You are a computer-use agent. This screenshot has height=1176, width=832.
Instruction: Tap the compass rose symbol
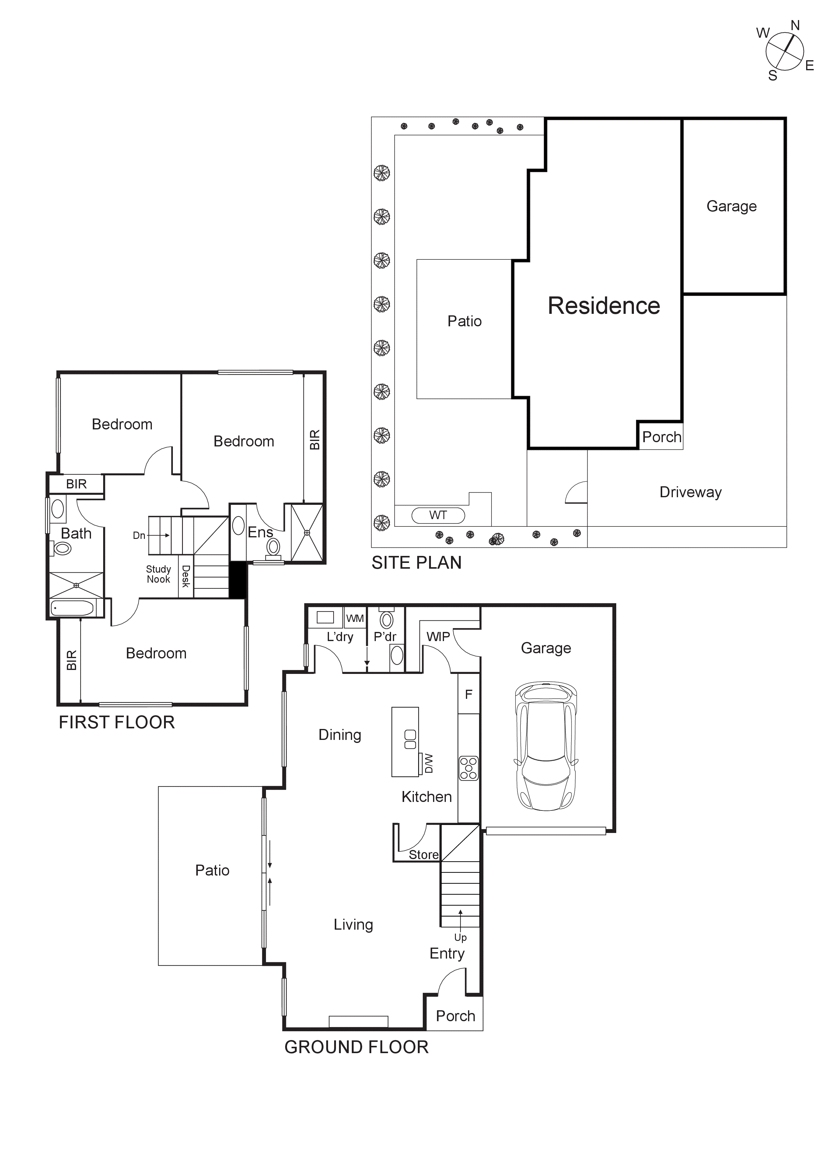[x=784, y=51]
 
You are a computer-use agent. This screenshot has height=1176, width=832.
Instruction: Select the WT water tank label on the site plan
[x=438, y=515]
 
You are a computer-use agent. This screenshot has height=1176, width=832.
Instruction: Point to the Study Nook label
[x=159, y=574]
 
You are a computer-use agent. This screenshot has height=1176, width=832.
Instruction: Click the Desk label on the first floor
[x=186, y=576]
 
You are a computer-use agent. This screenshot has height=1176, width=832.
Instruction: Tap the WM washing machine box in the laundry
[x=355, y=618]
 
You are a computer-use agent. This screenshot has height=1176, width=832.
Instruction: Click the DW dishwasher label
[x=428, y=763]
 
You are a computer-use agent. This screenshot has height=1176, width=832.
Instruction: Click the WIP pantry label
[x=438, y=637]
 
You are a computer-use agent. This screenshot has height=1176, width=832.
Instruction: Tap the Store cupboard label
[x=423, y=854]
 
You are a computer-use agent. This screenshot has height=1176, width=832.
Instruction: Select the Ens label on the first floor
[x=260, y=532]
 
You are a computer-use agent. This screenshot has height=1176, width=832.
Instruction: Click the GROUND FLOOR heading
[x=356, y=1047]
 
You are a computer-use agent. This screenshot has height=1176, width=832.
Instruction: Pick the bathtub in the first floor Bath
[x=73, y=609]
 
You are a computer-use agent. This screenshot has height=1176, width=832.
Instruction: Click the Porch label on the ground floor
[x=455, y=1016]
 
